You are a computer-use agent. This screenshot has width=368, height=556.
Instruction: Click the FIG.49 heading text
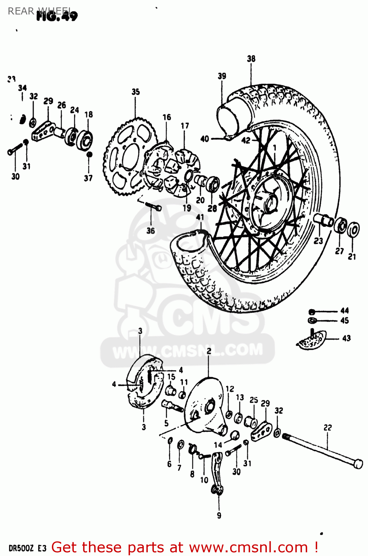[x=57, y=16]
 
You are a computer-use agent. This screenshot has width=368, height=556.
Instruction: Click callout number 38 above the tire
[x=251, y=59]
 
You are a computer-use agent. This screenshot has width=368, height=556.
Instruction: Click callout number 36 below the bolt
[x=150, y=231]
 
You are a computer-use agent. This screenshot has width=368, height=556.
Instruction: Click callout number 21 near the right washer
[x=352, y=256]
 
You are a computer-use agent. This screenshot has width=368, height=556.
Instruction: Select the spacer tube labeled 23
[x=323, y=220]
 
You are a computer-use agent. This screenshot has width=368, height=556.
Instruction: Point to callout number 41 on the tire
[x=200, y=217]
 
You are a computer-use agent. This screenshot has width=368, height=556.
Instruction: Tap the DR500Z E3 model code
[x=27, y=548]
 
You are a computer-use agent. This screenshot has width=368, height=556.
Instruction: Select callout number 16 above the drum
[x=167, y=118]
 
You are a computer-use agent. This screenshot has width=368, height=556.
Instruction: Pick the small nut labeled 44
[x=312, y=311]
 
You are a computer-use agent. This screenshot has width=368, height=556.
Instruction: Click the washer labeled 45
[x=312, y=320]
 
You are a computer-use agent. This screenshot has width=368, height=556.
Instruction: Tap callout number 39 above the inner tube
[x=222, y=76]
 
